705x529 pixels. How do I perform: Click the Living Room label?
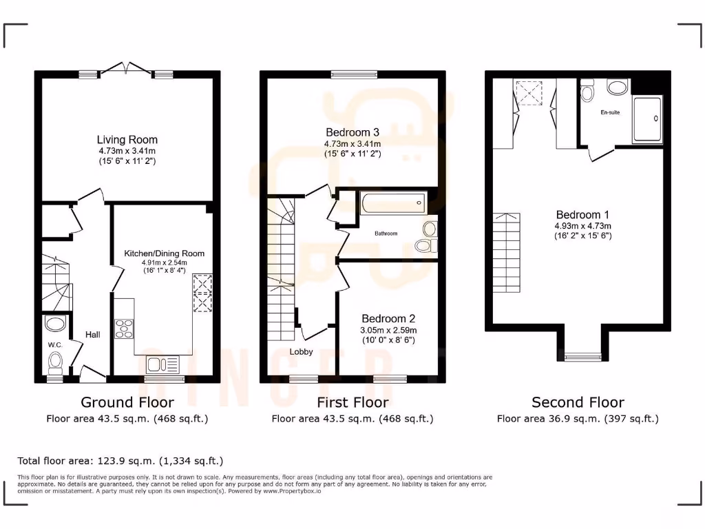pos(127,140)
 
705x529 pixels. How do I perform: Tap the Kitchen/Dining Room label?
pos(164,253)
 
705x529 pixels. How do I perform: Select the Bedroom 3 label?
pos(352,132)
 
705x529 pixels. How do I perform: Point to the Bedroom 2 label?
pos(388,319)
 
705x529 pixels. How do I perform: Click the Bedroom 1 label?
pos(582,214)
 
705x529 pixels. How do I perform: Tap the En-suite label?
pos(610,112)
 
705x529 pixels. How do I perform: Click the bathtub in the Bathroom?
pos(391,203)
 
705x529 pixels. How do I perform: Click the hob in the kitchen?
pos(124,329)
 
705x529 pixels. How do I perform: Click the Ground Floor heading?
pos(127,402)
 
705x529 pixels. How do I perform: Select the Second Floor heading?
pos(578,402)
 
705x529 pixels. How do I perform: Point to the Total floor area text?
pos(120,461)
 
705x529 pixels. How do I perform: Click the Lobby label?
pos(301,351)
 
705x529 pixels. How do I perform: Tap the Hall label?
pos(93,335)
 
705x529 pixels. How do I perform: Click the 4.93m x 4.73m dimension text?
pos(582,225)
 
